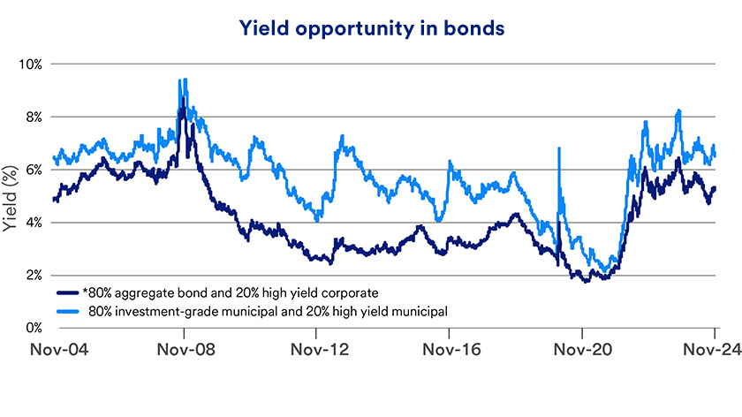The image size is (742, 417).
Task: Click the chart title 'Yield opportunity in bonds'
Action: [371, 28]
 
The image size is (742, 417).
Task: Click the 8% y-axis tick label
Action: [34, 117]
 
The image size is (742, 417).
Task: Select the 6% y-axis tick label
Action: [34, 170]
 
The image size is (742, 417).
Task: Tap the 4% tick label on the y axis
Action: [34, 223]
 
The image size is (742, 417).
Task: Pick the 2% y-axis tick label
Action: [34, 275]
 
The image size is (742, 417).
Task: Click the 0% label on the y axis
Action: [34, 328]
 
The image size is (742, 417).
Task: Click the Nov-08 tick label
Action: [184, 349]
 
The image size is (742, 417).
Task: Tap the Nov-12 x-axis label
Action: [317, 349]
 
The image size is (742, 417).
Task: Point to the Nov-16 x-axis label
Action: [450, 349]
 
